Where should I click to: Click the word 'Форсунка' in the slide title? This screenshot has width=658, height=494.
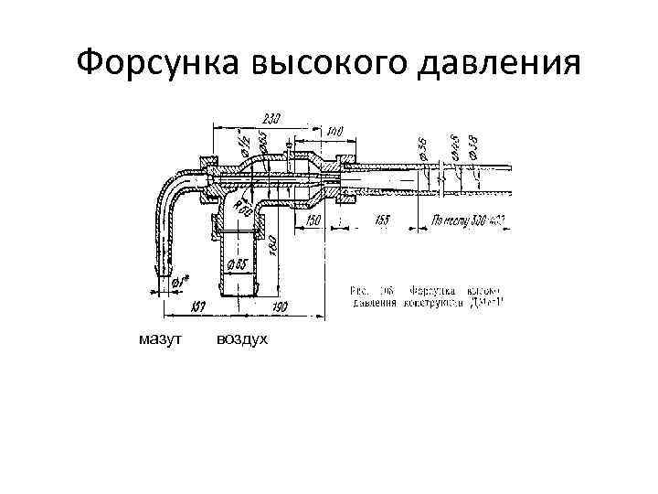tap(147, 63)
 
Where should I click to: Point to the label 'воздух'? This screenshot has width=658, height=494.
tap(242, 339)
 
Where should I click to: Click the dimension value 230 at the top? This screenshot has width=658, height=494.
tap(271, 118)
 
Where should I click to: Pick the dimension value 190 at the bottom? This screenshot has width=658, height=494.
tap(281, 306)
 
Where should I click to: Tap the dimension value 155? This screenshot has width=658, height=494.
tap(383, 220)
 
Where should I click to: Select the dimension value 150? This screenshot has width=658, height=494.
tap(313, 220)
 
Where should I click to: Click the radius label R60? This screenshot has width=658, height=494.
tap(243, 209)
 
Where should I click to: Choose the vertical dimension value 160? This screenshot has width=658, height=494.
tap(272, 242)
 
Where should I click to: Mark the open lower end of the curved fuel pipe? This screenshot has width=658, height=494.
tap(162, 274)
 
